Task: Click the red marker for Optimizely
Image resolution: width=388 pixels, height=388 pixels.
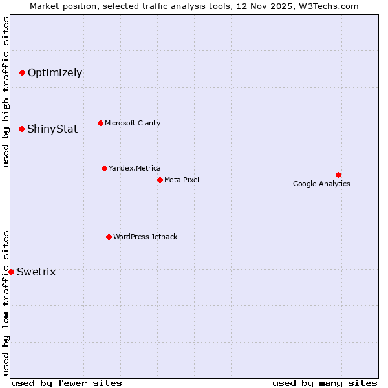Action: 22,72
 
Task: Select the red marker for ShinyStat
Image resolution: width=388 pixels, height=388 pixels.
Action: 21,129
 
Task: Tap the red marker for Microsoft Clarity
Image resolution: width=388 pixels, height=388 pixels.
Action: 100,123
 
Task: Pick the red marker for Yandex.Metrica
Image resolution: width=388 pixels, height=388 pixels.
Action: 104,168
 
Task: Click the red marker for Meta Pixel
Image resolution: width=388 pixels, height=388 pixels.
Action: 160,180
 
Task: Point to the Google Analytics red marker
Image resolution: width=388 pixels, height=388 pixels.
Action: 338,175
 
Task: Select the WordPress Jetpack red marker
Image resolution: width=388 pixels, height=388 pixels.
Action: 109,237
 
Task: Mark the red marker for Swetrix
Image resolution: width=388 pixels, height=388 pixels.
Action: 11,272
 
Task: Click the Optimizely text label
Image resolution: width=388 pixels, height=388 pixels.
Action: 55,72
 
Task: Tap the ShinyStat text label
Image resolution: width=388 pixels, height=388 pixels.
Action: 52,129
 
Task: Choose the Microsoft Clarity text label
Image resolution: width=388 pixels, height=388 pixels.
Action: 133,123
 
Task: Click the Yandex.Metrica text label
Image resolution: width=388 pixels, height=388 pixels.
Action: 135,168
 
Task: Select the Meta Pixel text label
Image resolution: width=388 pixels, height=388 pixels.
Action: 182,180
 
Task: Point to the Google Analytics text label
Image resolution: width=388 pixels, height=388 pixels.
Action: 321,184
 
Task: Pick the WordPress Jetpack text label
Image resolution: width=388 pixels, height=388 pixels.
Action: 145,237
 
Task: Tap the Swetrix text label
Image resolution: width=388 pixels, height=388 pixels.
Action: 36,272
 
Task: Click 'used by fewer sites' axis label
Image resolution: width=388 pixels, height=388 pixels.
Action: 67,383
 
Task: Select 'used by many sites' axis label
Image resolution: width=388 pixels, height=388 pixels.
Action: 325,383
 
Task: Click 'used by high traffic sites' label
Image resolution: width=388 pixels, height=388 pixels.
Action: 6,92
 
